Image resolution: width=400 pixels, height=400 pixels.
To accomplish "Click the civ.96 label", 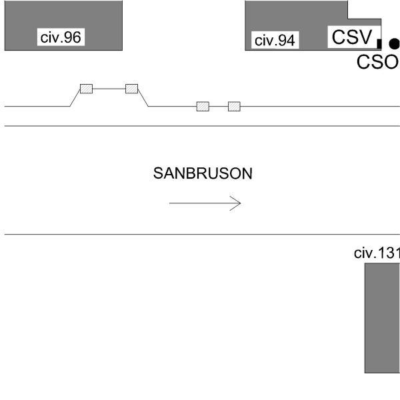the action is tap(61, 37).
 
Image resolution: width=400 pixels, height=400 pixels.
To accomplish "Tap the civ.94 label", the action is tap(275, 40).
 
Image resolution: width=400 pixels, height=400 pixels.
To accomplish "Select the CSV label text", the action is tap(352, 37).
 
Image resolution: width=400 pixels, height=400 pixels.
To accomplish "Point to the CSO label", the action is tap(378, 62).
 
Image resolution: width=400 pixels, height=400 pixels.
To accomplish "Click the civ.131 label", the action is tap(377, 253).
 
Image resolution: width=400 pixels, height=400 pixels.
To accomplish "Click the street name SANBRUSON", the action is tap(203, 173).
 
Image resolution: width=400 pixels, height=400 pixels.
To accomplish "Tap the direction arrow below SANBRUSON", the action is tap(205, 203).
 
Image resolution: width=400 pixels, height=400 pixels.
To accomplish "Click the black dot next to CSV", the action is tap(395, 43).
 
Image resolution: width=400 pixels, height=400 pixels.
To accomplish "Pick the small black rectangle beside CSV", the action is tap(379, 43).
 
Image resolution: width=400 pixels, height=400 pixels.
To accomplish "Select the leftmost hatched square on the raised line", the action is tap(86, 89).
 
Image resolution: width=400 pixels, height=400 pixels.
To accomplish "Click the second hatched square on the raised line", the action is tap(131, 89).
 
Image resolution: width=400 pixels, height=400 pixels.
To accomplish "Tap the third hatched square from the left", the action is tap(203, 107).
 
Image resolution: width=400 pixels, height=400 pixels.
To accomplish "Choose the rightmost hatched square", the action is tap(234, 107).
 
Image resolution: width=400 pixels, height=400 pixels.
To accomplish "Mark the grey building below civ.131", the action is tap(382, 318).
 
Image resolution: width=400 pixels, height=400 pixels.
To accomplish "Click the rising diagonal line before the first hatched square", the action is tap(75, 98).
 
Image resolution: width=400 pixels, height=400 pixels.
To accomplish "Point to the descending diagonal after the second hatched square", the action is tap(143, 98).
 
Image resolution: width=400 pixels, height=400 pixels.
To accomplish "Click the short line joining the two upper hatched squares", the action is tap(109, 89).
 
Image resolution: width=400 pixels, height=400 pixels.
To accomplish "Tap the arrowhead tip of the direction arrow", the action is tap(241, 203).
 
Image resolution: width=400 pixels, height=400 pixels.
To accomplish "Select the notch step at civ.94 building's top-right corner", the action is tap(348, 19).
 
